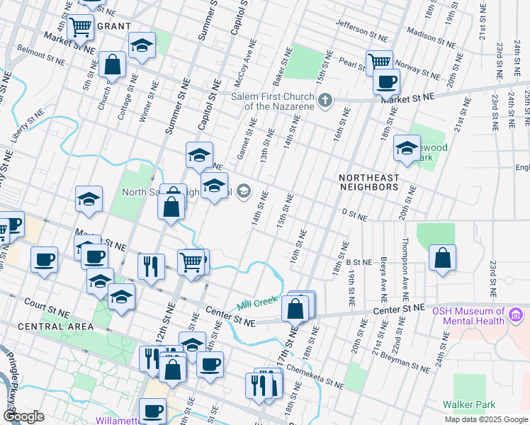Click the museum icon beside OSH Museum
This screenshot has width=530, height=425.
517,312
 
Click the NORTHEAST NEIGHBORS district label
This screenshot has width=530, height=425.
368,182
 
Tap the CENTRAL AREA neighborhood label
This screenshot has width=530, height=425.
55,327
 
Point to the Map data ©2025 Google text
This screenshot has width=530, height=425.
485,419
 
